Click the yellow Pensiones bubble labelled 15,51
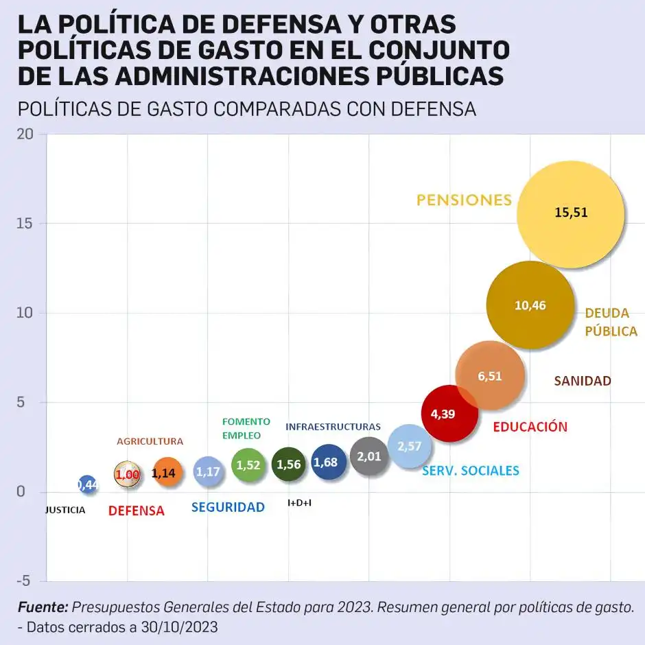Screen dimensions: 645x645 coord(571,213)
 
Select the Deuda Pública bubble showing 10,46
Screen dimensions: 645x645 coord(530,305)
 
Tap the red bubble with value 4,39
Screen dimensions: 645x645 coord(449,413)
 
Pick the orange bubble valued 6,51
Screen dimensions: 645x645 coord(490,376)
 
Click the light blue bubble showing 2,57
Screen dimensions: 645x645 coord(410,446)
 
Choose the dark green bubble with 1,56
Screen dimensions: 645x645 coord(288,465)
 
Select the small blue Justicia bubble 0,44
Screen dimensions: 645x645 coord(87,485)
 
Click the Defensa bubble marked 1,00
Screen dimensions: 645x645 coord(128,473)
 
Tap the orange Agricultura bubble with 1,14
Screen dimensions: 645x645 coord(167,472)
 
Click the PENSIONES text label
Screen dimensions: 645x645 coord(465,200)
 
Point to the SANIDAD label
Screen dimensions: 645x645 coord(582,381)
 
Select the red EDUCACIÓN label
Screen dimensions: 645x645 coord(530,427)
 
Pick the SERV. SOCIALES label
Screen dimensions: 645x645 coord(471,471)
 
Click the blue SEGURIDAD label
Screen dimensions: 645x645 coord(228,508)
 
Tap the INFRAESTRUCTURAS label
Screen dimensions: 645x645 coord(333,427)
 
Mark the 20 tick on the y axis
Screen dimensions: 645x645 coord(26,134)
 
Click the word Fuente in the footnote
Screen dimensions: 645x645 coord(43,607)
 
